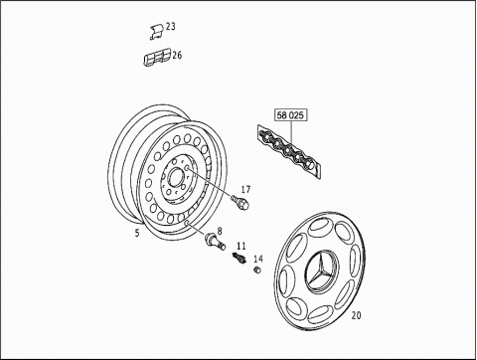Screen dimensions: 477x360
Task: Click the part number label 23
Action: (171, 26)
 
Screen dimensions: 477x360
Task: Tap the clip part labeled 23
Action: (156, 32)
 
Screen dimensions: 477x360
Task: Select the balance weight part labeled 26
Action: (157, 57)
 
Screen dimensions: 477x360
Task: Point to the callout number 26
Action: (177, 55)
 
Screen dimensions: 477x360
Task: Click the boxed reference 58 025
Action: (290, 115)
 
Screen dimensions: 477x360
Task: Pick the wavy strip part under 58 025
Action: (289, 151)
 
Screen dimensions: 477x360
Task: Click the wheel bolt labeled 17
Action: (240, 201)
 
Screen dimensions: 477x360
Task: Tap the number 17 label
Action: (245, 190)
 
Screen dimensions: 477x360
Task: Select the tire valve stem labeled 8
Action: (216, 241)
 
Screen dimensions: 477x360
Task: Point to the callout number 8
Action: (220, 231)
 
